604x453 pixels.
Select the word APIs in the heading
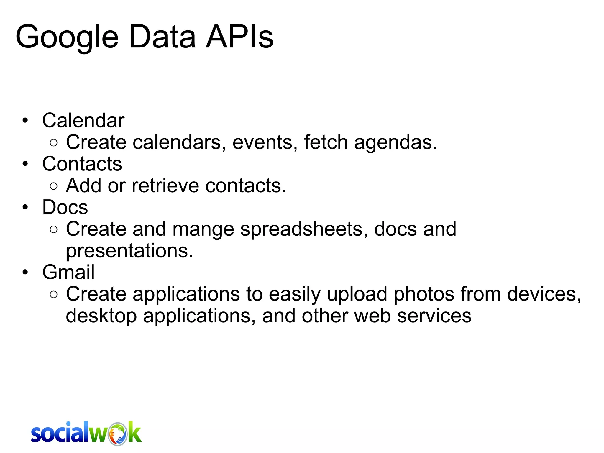pos(239,37)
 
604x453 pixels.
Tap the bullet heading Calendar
pos(83,121)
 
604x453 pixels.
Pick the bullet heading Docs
pos(65,207)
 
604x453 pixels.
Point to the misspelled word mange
pos(203,229)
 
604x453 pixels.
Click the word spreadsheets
pos(304,229)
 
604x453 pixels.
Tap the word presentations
pos(129,251)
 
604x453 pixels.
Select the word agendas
pos(395,143)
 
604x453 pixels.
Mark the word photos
pos(424,294)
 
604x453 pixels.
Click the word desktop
pos(101,316)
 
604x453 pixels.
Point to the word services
pos(434,316)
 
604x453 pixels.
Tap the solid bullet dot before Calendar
pos(25,121)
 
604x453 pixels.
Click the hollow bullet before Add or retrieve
pos(54,186)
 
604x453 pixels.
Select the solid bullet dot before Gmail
pos(25,272)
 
